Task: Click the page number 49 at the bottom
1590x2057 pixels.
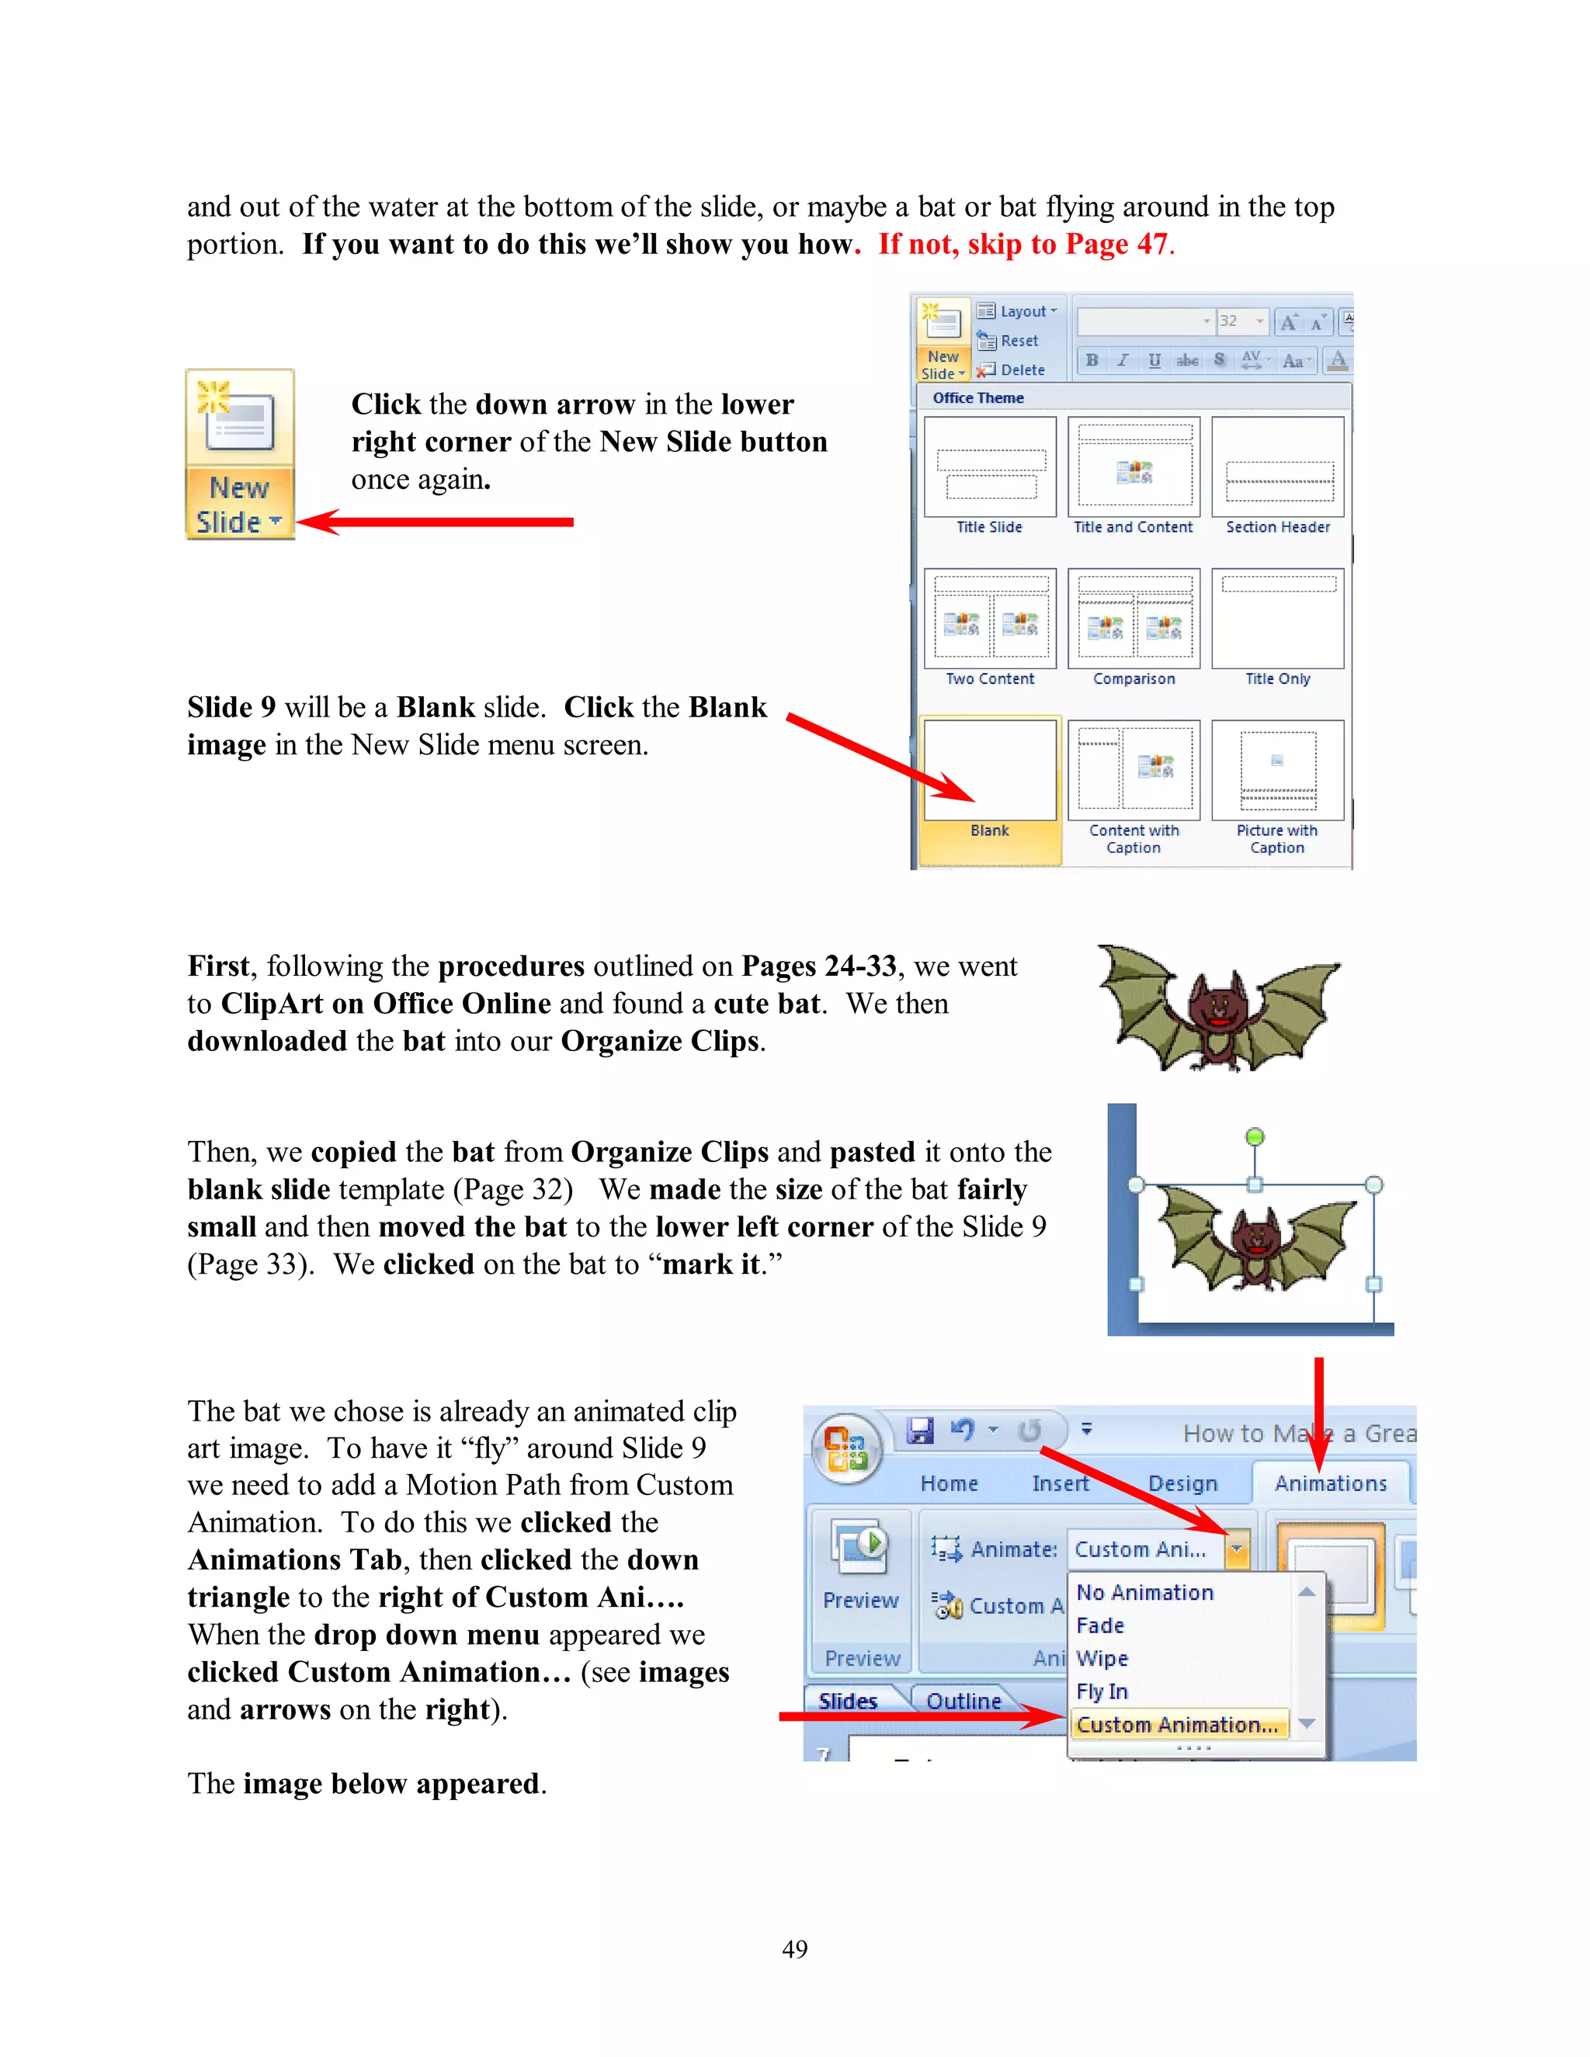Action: pyautogui.click(x=794, y=1948)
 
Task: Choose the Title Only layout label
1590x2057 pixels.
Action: pyautogui.click(x=1277, y=679)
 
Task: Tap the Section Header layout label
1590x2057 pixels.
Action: pyautogui.click(x=1277, y=527)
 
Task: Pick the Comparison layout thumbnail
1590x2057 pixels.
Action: pyautogui.click(x=1134, y=619)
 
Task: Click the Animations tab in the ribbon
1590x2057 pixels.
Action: pyautogui.click(x=1330, y=1483)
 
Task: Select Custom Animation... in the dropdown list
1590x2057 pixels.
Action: pyautogui.click(x=1178, y=1725)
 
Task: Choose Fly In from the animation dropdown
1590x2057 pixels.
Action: pyautogui.click(x=1102, y=1691)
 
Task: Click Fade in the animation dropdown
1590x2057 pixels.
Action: pyautogui.click(x=1100, y=1625)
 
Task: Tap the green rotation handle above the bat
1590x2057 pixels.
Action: pyautogui.click(x=1255, y=1137)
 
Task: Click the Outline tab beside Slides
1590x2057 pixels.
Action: pyautogui.click(x=963, y=1701)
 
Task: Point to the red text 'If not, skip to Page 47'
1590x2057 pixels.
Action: pyautogui.click(x=1026, y=244)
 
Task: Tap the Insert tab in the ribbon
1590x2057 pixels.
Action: pyautogui.click(x=1060, y=1483)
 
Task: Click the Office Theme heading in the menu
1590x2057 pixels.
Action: pyautogui.click(x=977, y=398)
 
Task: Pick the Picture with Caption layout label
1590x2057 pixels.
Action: pyautogui.click(x=1277, y=838)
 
